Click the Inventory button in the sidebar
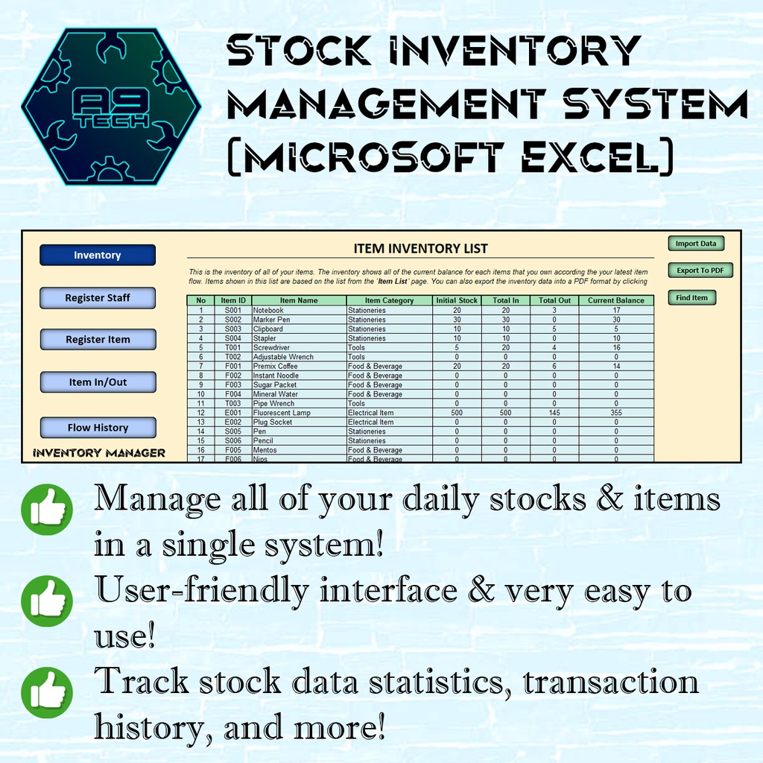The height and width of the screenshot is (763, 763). [x=98, y=256]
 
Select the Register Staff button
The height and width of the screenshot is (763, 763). [x=98, y=298]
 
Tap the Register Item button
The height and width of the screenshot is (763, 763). [x=98, y=340]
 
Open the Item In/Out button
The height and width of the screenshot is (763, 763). [x=98, y=382]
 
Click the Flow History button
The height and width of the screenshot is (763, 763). [x=98, y=428]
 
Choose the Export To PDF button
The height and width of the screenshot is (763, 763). [x=700, y=270]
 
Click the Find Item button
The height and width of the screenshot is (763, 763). [x=691, y=298]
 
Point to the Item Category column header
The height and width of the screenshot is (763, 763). [x=389, y=301]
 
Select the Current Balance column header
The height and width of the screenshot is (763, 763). [x=615, y=301]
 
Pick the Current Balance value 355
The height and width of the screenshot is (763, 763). [x=615, y=413]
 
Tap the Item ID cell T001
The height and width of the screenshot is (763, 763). [x=232, y=347]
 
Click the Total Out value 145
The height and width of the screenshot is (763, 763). [x=554, y=413]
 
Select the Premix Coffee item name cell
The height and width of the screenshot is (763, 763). [x=276, y=366]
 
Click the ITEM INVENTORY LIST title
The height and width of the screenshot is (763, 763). [x=420, y=248]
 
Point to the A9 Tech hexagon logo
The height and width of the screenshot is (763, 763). [x=111, y=107]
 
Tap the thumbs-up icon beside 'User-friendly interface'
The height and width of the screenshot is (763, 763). [x=47, y=598]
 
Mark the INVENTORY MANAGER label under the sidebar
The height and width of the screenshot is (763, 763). [x=98, y=452]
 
